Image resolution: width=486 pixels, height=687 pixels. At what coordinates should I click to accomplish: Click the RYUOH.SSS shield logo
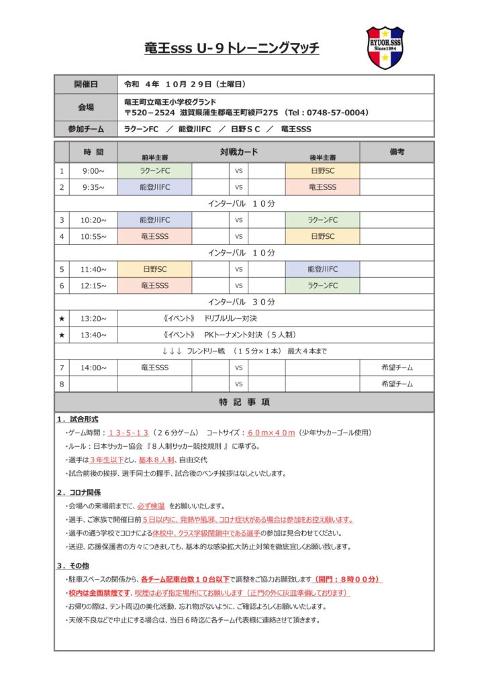385,48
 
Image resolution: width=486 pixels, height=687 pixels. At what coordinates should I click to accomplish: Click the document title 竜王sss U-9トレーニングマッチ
232,48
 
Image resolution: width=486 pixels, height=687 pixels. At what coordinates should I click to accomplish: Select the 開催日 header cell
85,85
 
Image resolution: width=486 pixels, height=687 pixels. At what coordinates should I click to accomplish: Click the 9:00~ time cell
93,170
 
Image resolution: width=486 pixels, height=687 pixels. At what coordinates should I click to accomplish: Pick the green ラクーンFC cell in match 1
154,170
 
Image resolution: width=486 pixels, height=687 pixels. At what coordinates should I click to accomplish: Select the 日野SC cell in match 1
322,170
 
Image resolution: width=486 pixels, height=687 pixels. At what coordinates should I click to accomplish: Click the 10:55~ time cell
93,236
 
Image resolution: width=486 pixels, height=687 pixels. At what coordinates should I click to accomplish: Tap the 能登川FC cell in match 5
322,269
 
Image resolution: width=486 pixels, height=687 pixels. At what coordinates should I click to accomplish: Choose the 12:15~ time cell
93,285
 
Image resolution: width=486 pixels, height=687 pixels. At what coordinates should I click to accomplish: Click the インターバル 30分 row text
242,302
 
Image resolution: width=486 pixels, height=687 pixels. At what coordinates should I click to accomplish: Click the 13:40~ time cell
93,334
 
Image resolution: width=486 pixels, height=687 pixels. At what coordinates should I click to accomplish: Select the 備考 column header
397,152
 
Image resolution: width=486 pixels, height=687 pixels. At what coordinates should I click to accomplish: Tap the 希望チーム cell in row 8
397,384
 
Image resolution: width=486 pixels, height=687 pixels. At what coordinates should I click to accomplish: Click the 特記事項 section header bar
244,403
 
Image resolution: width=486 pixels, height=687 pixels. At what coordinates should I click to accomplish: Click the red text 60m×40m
271,433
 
